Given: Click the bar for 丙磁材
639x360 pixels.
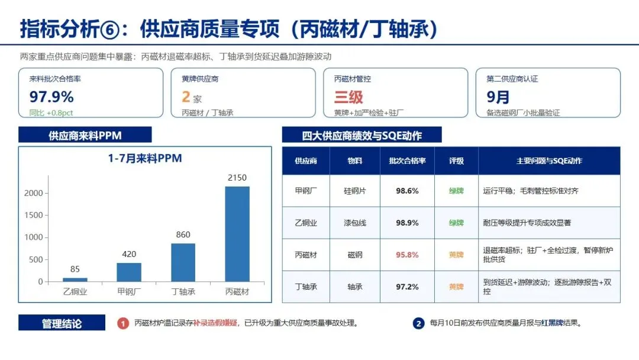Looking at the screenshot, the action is click(x=237, y=234).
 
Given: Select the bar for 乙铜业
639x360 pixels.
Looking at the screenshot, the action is click(x=75, y=279).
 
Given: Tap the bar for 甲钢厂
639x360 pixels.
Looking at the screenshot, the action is click(x=129, y=272).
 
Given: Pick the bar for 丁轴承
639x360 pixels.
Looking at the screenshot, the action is click(x=183, y=262).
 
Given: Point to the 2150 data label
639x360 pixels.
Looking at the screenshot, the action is click(x=237, y=178).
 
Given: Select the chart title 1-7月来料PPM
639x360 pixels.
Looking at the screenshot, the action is click(x=145, y=158).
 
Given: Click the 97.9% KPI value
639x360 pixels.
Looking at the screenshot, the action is click(x=51, y=97).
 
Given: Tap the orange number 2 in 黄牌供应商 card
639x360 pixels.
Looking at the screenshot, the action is click(x=186, y=97).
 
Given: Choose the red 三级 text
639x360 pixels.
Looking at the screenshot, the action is click(x=348, y=97).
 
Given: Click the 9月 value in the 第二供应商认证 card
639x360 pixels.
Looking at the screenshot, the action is click(x=498, y=97).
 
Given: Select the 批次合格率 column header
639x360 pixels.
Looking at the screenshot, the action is click(x=407, y=160).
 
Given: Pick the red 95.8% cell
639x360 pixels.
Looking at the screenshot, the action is click(x=407, y=255).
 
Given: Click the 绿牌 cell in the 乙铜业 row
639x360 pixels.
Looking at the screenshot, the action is click(x=456, y=223).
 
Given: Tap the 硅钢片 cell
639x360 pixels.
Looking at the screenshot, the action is click(x=355, y=191).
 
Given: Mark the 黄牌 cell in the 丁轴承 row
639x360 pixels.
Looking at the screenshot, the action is click(x=456, y=287).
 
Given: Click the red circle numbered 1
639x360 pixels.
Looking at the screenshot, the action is click(x=123, y=323).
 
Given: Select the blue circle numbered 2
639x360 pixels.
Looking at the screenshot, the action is click(x=418, y=323).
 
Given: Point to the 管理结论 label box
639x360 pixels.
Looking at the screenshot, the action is click(x=62, y=323).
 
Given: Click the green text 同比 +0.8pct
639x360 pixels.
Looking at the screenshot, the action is click(x=51, y=113).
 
